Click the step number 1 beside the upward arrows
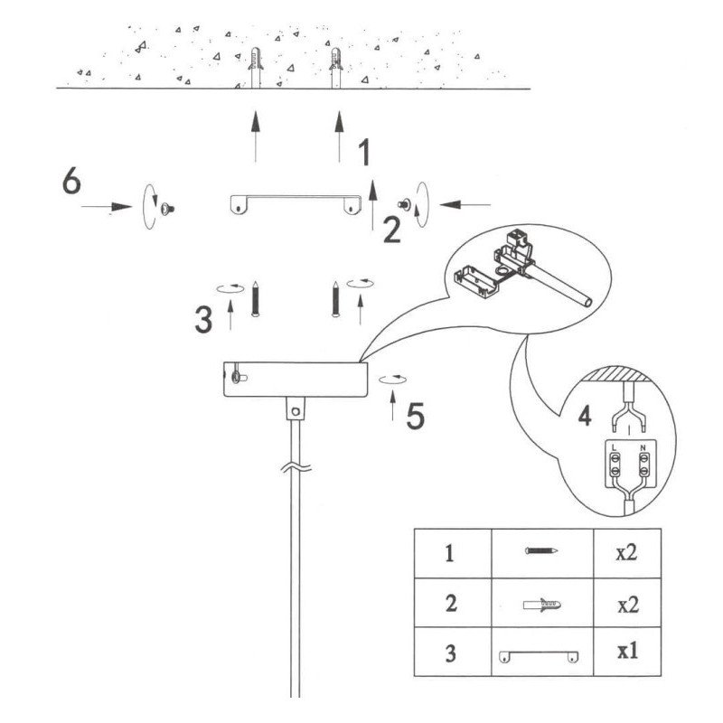coord(364,152)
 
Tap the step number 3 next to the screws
coord(203,320)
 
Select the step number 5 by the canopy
coord(415,416)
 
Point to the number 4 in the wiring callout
coord(585,416)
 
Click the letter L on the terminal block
coord(614,447)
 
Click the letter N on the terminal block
coord(643,447)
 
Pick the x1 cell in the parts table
coord(627,651)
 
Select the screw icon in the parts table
coord(541,550)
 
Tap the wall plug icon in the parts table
coord(542,604)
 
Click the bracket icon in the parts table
coord(539,656)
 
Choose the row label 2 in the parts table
coord(451,603)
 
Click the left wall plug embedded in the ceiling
coord(256,67)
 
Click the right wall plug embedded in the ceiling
coord(336,67)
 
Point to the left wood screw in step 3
coord(255,299)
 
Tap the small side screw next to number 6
coord(167,210)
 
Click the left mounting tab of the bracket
coord(238,206)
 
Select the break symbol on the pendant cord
coord(296,468)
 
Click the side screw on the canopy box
coord(239,378)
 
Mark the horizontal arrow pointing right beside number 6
coord(107,207)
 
